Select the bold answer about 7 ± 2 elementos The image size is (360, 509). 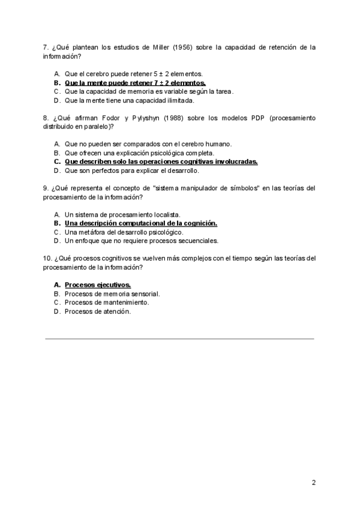(x=135, y=82)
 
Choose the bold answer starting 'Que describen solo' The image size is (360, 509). (x=161, y=161)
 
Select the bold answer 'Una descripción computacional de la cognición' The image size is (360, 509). (x=140, y=223)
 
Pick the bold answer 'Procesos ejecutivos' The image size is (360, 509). (x=97, y=285)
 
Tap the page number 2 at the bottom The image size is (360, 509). (x=314, y=483)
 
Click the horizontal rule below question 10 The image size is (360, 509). (x=180, y=339)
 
